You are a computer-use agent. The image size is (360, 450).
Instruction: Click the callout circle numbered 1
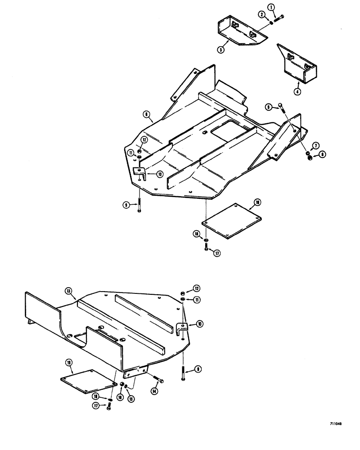tap(270, 7)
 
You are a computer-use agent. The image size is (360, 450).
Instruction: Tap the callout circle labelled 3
tap(221, 50)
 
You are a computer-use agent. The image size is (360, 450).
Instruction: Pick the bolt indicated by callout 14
tap(158, 379)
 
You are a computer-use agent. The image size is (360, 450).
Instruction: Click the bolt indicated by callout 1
tap(280, 17)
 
